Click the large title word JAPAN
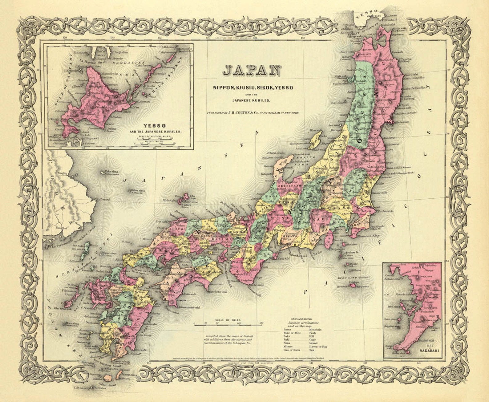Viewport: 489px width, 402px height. (x=252, y=71)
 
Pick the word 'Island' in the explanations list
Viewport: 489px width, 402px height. (x=313, y=343)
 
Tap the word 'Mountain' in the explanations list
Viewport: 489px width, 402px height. (x=315, y=330)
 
